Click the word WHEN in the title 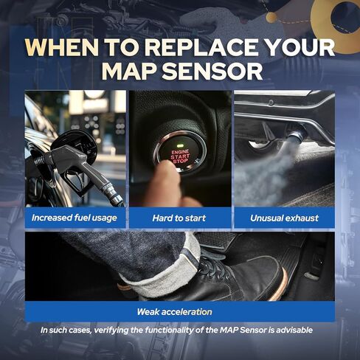pyautogui.click(x=62, y=47)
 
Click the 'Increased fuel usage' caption pyautogui.click(x=75, y=218)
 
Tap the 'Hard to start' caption pyautogui.click(x=179, y=218)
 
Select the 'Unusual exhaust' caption pyautogui.click(x=284, y=218)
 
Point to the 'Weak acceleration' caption pyautogui.click(x=174, y=312)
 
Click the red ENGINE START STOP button pyautogui.click(x=181, y=153)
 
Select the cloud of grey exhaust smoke pyautogui.click(x=263, y=172)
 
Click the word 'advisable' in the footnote pyautogui.click(x=294, y=330)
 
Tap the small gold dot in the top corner pyautogui.click(x=271, y=17)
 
